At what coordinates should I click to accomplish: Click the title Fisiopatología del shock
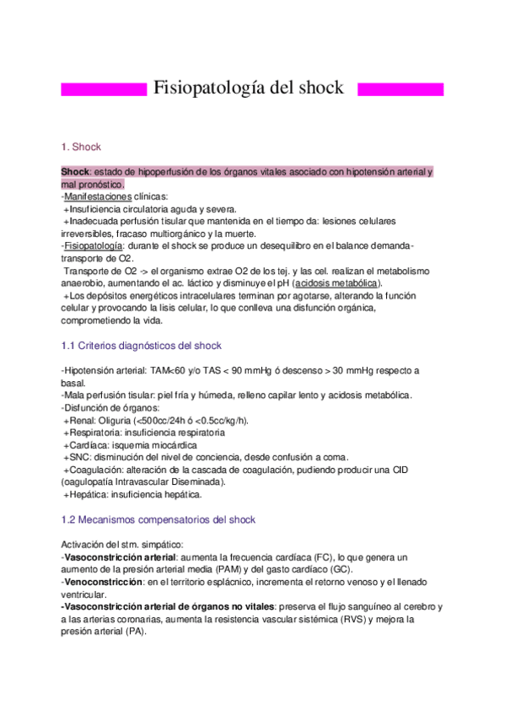(247, 89)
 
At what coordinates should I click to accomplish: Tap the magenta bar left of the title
(105, 89)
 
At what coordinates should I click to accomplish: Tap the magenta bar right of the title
(400, 89)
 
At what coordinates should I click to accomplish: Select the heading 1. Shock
(81, 147)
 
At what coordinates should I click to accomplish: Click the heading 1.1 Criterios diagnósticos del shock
(142, 346)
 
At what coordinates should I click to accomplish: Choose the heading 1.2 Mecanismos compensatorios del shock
(158, 519)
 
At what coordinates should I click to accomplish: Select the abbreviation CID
(419, 470)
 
